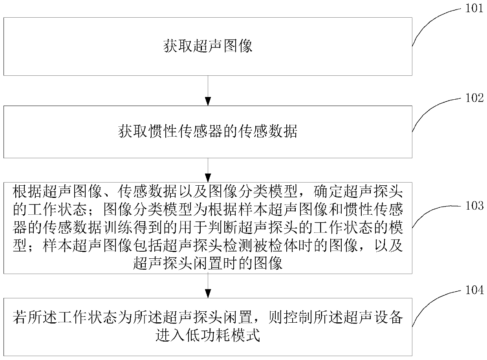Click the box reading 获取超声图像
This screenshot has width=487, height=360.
coord(208,46)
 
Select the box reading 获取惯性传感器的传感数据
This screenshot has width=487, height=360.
coord(208,132)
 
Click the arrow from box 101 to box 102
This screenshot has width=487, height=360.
coord(208,91)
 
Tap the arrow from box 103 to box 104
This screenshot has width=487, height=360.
coord(208,286)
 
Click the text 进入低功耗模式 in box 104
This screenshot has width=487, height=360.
coord(208,336)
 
